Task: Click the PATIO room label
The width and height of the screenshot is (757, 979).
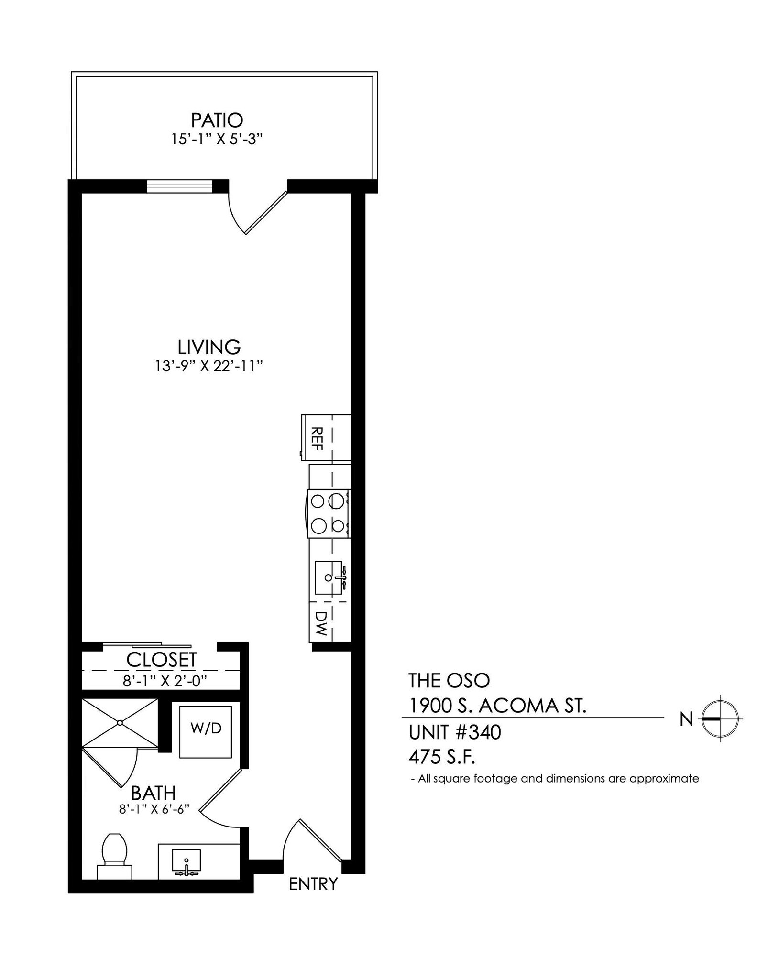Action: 217,120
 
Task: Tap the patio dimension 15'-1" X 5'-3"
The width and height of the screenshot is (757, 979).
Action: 218,140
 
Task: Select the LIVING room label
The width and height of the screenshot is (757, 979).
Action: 209,347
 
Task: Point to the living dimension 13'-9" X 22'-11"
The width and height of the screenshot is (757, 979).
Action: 209,367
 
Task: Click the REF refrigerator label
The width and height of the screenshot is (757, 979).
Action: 317,438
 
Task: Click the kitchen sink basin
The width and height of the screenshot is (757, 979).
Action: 329,577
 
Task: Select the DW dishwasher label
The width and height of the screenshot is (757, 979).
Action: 321,623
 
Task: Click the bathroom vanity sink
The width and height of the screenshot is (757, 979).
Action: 187,860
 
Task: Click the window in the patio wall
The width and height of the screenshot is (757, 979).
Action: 179,186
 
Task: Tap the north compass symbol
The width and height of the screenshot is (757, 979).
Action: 720,718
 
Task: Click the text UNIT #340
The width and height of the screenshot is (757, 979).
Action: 454,732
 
